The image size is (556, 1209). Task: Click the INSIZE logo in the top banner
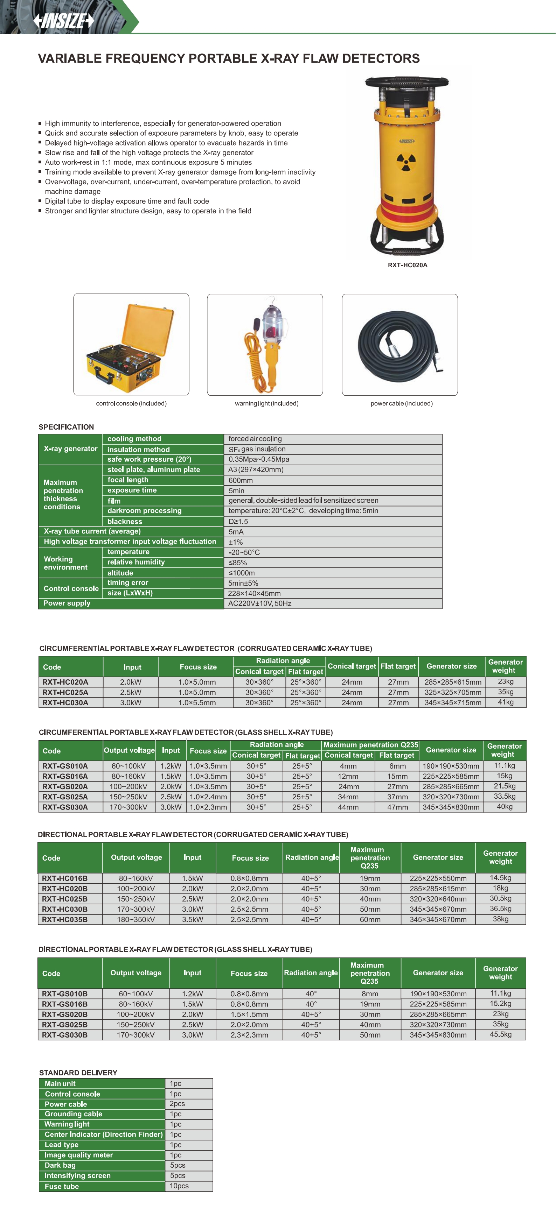[63, 21]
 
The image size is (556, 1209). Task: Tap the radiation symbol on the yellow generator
[406, 162]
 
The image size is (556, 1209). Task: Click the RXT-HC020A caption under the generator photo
[407, 265]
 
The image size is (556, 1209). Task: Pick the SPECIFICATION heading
[66, 427]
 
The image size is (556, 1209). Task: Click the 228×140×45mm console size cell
[254, 593]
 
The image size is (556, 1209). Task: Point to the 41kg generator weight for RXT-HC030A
[505, 702]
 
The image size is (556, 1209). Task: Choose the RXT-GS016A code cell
[65, 776]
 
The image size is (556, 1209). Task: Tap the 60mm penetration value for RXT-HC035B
[370, 919]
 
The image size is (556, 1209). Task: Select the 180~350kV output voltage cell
[136, 919]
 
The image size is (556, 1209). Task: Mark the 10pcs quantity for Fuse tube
[179, 1186]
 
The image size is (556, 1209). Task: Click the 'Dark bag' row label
[60, 1165]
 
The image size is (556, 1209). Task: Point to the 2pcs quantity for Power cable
[177, 1104]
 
